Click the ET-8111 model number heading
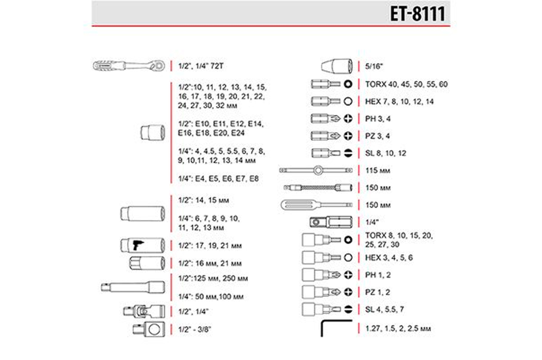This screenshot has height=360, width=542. (x=417, y=14)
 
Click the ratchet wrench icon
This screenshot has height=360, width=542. (x=129, y=66)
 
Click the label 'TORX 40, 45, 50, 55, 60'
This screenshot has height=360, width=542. (x=406, y=84)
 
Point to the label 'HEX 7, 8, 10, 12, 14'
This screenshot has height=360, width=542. (x=399, y=102)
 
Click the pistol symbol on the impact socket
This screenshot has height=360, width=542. (x=138, y=245)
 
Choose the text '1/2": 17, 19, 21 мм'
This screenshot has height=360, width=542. (x=210, y=246)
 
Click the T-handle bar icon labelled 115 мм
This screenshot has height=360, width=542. (x=317, y=170)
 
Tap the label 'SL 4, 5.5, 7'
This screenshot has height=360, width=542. (x=384, y=310)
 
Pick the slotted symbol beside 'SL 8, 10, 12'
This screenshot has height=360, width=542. (x=348, y=153)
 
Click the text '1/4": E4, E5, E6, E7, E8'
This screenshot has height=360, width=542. (x=218, y=179)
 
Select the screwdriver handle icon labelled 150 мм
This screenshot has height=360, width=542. (x=316, y=205)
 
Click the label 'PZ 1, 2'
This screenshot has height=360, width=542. (x=378, y=292)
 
